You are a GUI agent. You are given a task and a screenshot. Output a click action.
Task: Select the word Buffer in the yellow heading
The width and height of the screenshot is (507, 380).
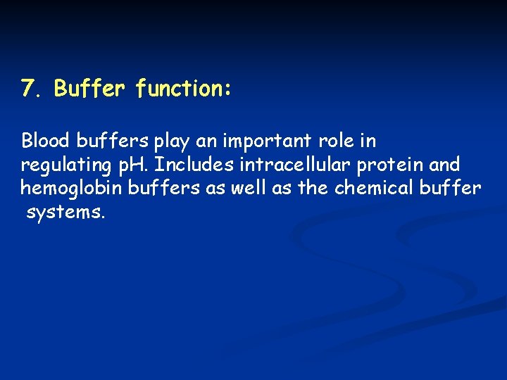coord(90,89)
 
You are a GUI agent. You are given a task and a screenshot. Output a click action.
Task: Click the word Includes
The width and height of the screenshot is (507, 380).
coord(194,165)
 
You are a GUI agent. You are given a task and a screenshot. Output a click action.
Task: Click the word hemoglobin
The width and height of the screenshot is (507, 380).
coord(71,189)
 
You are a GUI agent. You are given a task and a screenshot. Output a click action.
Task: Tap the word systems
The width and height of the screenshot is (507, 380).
coord(65,213)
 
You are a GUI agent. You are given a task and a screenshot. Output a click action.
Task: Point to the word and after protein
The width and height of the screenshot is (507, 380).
coord(445,165)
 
